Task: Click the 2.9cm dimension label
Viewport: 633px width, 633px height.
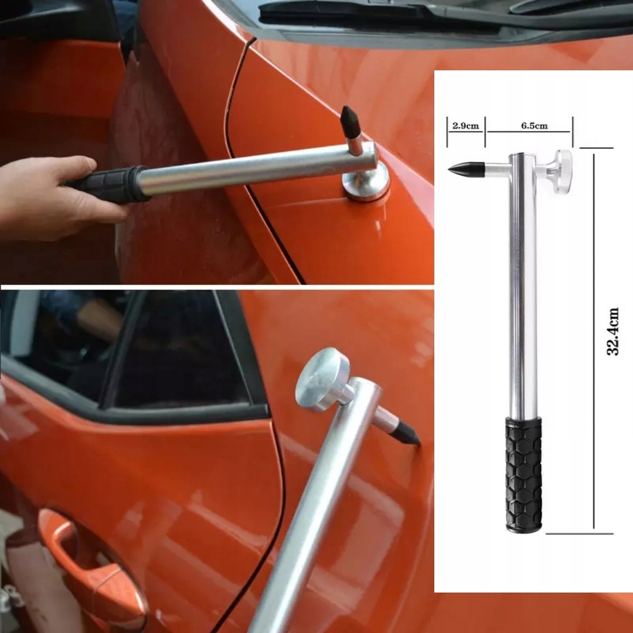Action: [465, 125]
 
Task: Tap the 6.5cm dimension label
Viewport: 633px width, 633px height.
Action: [534, 125]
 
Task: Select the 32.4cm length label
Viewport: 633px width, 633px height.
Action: [613, 331]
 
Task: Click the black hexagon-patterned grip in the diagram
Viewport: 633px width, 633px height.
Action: [523, 474]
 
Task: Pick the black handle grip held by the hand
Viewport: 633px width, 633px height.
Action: [107, 183]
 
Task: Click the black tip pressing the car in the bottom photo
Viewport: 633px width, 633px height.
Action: [406, 434]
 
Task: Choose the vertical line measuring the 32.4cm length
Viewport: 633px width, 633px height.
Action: [594, 341]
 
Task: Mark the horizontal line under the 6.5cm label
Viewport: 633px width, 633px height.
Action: [529, 132]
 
